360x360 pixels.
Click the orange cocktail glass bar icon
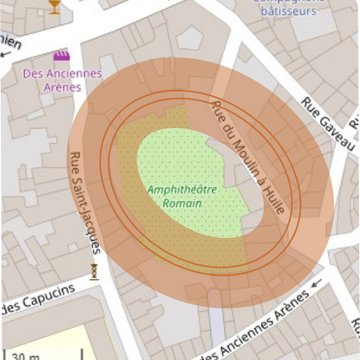(53, 8)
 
